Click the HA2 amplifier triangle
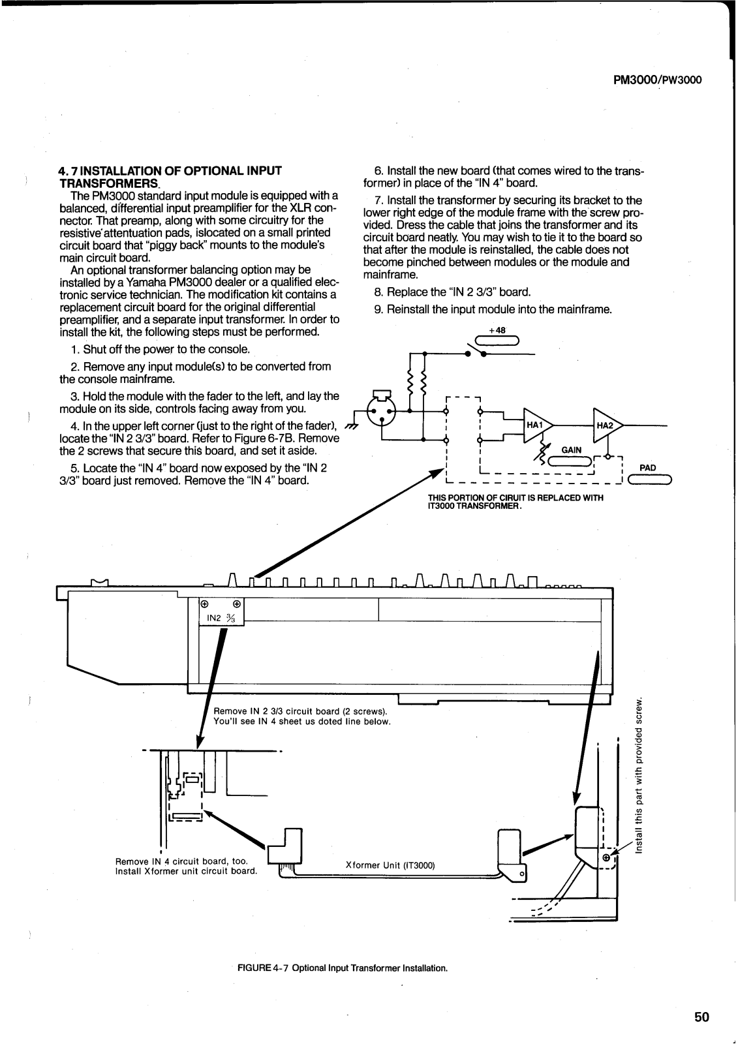(x=606, y=425)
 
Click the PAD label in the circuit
(x=647, y=468)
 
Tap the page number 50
(x=701, y=1017)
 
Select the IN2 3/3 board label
(x=220, y=617)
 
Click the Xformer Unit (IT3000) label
(x=390, y=865)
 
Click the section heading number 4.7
(x=68, y=171)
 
